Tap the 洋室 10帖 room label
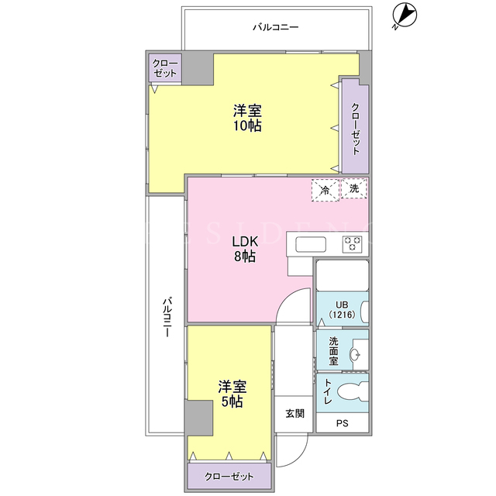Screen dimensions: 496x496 (x=247, y=118)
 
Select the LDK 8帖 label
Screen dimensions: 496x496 (x=245, y=249)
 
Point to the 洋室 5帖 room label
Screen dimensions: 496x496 (x=232, y=394)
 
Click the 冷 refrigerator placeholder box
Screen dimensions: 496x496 (x=325, y=190)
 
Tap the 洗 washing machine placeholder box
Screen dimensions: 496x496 (x=354, y=188)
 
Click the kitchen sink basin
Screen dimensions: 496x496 (x=311, y=245)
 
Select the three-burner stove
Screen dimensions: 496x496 (x=352, y=244)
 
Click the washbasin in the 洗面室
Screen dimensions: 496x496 (x=355, y=354)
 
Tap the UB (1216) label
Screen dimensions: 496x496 (x=342, y=310)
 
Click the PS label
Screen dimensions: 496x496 (x=343, y=423)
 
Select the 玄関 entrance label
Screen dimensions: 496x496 (x=294, y=413)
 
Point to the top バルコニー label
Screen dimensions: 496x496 (x=276, y=27)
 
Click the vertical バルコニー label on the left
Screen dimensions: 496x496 (x=167, y=317)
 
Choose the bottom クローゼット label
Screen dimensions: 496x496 (x=229, y=477)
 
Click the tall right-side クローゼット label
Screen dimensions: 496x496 (x=356, y=129)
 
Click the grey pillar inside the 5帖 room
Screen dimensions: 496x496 (x=198, y=418)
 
